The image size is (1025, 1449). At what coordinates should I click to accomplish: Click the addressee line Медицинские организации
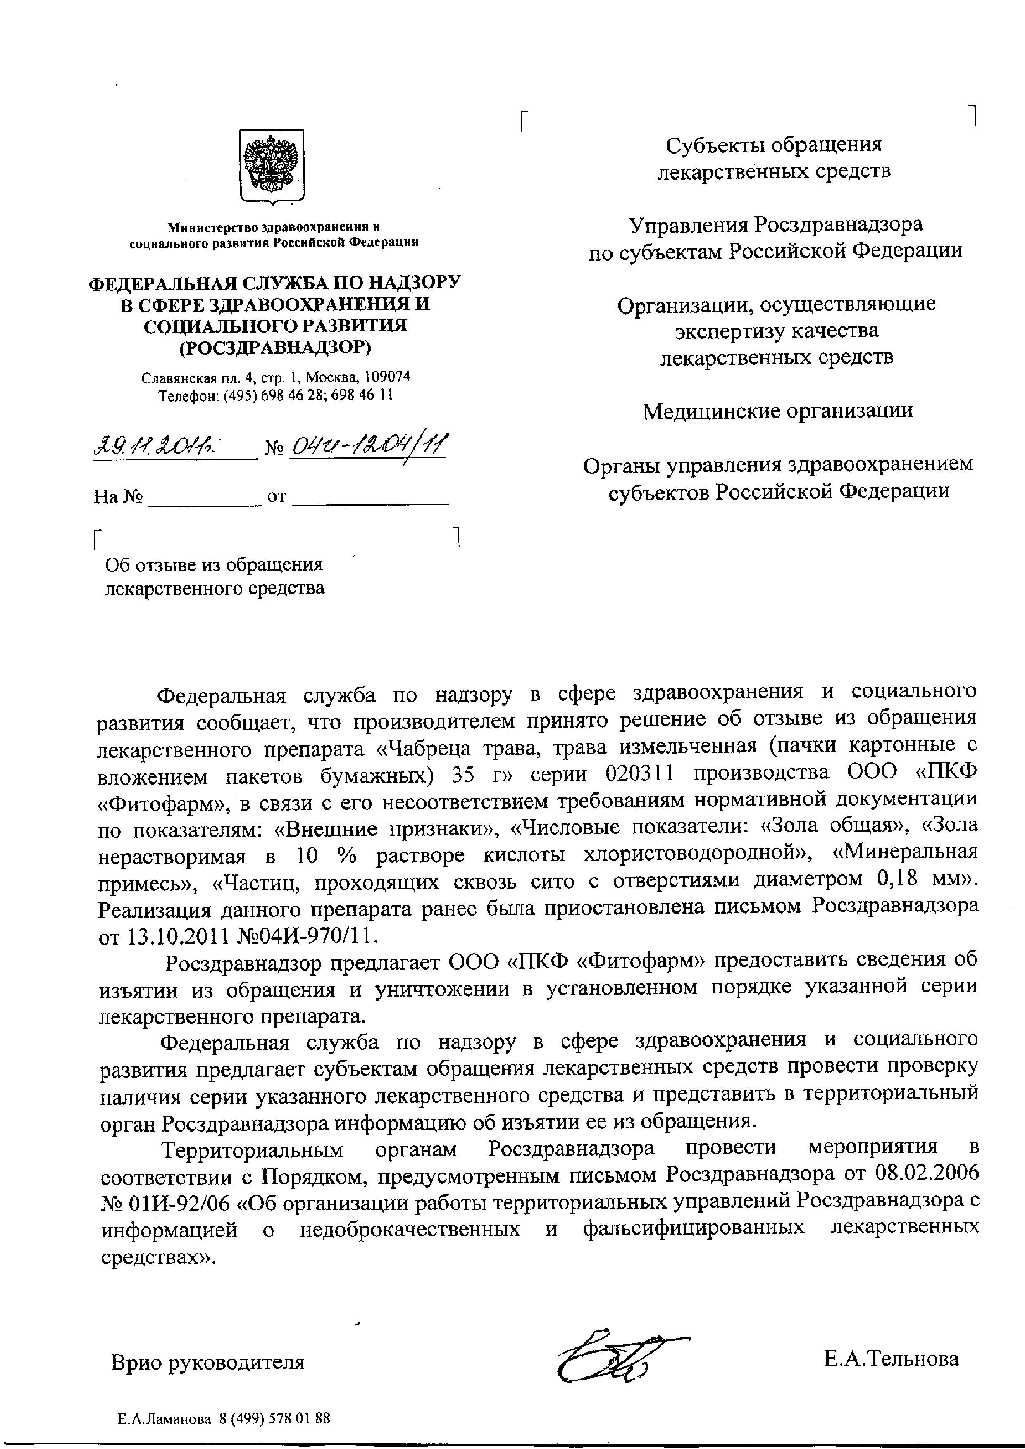pos(777,412)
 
